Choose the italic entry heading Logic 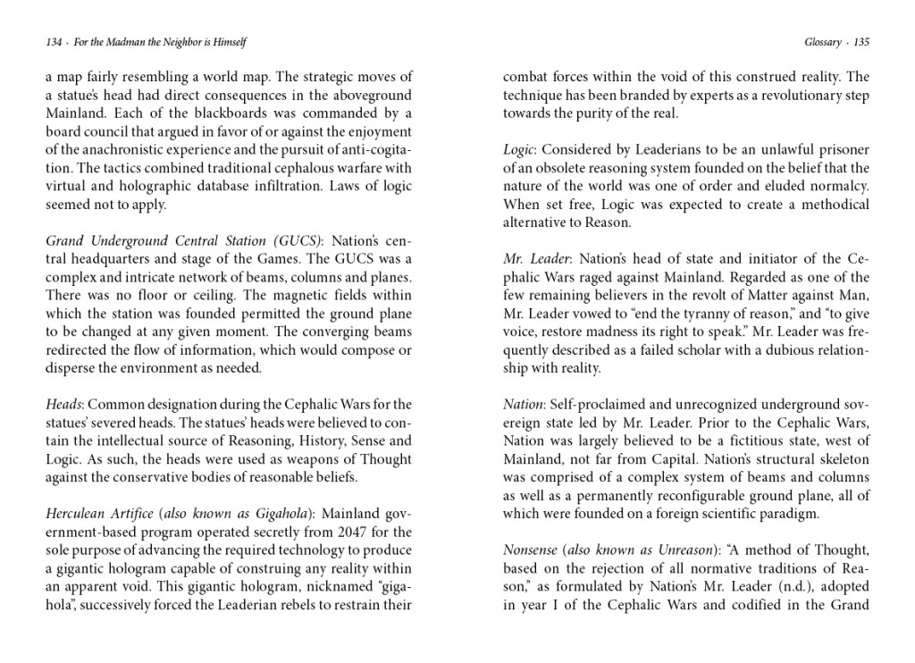pos(517,149)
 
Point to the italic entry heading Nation pos(522,404)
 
